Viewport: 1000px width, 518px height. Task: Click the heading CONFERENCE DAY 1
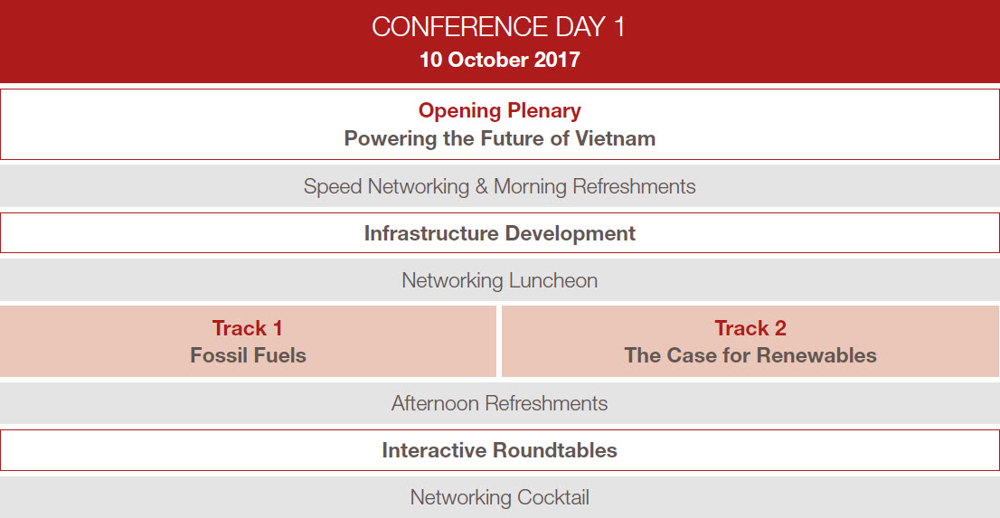[499, 27]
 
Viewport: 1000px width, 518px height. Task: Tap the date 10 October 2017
[499, 60]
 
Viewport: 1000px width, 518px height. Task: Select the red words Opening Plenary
[499, 111]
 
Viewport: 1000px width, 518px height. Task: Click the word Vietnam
[616, 138]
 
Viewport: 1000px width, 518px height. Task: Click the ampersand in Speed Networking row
[482, 186]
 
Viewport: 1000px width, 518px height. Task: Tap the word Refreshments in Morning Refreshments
[634, 186]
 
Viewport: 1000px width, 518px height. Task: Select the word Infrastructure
[429, 233]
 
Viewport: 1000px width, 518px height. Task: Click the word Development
[568, 234]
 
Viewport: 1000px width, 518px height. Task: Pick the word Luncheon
[553, 280]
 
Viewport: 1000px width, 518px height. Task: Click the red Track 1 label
[248, 328]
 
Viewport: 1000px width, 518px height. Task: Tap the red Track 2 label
[750, 328]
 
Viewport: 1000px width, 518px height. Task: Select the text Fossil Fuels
[248, 355]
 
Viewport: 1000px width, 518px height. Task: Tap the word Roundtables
[555, 450]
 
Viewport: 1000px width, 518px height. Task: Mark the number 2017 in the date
[557, 60]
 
